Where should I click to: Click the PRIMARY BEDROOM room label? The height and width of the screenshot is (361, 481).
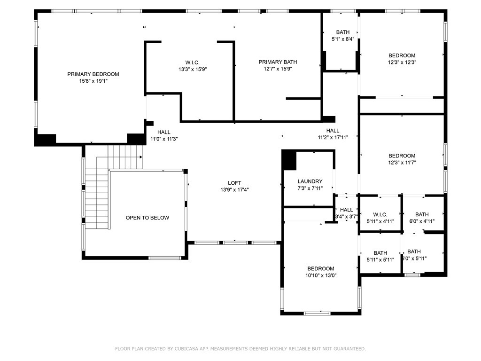tap(93, 74)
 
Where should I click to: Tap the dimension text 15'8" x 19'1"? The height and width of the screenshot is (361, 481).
tap(93, 81)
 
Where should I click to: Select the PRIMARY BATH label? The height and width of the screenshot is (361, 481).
tap(278, 62)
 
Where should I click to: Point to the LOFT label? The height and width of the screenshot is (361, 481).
tap(234, 183)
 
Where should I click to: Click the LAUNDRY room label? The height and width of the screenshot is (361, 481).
tap(310, 181)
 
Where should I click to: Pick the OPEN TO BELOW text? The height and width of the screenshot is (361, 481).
tap(147, 218)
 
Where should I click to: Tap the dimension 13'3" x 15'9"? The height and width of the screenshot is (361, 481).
tap(193, 70)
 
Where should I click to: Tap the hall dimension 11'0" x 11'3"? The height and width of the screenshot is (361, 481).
tap(164, 139)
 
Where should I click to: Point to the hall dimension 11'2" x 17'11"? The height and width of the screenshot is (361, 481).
tap(333, 138)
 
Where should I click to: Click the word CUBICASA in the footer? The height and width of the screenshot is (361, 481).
tap(186, 349)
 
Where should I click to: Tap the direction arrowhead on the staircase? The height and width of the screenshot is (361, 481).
tap(141, 157)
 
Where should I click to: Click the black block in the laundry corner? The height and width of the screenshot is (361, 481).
tap(289, 160)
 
